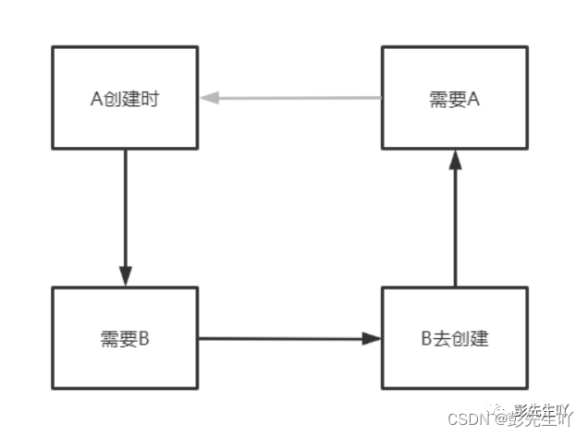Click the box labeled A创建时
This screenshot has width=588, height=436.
pyautogui.click(x=125, y=99)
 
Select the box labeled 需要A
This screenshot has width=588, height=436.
pyautogui.click(x=454, y=99)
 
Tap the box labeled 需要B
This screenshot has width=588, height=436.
pyautogui.click(x=125, y=338)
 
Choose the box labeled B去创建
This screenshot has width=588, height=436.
pyautogui.click(x=454, y=338)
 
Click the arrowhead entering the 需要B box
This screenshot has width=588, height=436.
pyautogui.click(x=125, y=277)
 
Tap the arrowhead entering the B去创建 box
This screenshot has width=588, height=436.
pyautogui.click(x=372, y=338)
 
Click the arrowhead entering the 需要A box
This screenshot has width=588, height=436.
pyautogui.click(x=454, y=159)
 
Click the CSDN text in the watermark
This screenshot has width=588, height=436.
pyautogui.click(x=468, y=418)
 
